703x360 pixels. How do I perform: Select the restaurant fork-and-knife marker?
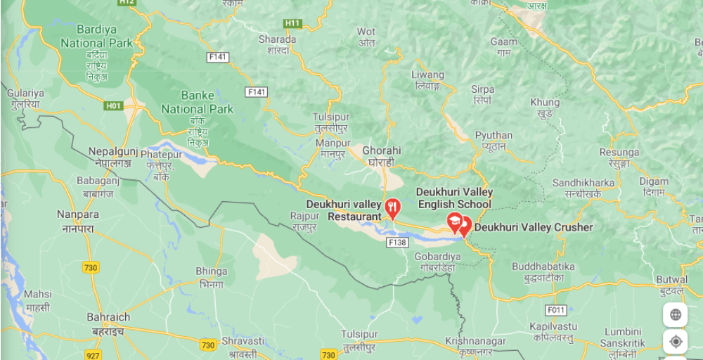pos(392,208)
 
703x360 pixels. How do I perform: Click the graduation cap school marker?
pos(455,222)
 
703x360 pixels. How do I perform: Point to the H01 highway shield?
pos(113,106)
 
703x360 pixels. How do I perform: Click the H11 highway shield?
pos(293,23)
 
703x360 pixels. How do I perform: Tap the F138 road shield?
pos(397,243)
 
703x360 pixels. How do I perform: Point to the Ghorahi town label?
pos(381,150)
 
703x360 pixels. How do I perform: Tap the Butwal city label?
pos(672,279)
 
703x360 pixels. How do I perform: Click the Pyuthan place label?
pos(494,135)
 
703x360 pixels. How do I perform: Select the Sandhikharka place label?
pos(582,183)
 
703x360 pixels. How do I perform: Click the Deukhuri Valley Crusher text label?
pos(534,227)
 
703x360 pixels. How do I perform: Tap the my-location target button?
pos(676,342)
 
